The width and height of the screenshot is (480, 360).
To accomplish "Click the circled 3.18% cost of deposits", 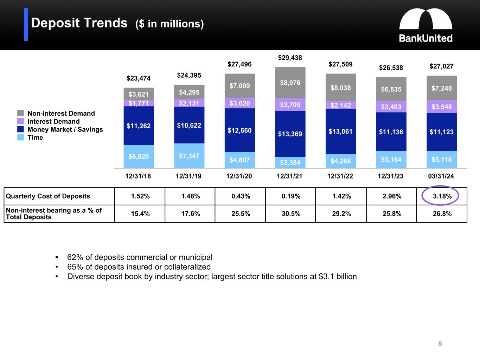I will (442, 196).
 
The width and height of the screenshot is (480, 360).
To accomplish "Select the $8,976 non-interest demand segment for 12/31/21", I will (290, 83).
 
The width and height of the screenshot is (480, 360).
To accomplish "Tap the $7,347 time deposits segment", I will (189, 156).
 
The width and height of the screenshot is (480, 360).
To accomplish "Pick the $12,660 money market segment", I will (240, 130).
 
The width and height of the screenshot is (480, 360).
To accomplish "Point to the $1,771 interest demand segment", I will (139, 103).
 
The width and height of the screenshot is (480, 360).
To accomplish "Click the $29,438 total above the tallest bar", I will (290, 58).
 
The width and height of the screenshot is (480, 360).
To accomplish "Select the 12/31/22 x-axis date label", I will (340, 176).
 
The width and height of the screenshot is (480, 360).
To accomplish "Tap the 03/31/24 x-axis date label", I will (441, 176).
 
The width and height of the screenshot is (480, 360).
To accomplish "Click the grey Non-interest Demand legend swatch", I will (21, 113).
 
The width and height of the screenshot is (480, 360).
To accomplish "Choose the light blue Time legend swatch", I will (21, 137).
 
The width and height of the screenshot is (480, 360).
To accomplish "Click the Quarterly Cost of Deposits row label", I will (48, 196).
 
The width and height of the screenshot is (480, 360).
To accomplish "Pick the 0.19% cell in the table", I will (291, 196).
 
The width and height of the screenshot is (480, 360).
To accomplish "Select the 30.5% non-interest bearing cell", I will (291, 214).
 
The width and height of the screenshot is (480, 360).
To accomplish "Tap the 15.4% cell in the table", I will (140, 214).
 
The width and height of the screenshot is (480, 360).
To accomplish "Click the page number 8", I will (440, 343).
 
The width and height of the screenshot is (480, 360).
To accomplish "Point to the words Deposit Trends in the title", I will (79, 23).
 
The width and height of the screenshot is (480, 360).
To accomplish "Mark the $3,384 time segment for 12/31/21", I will (290, 162).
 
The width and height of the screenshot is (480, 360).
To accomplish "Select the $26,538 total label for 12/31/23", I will (391, 67).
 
